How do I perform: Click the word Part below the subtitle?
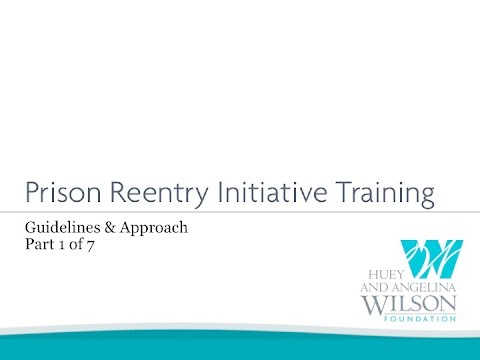(40, 246)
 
